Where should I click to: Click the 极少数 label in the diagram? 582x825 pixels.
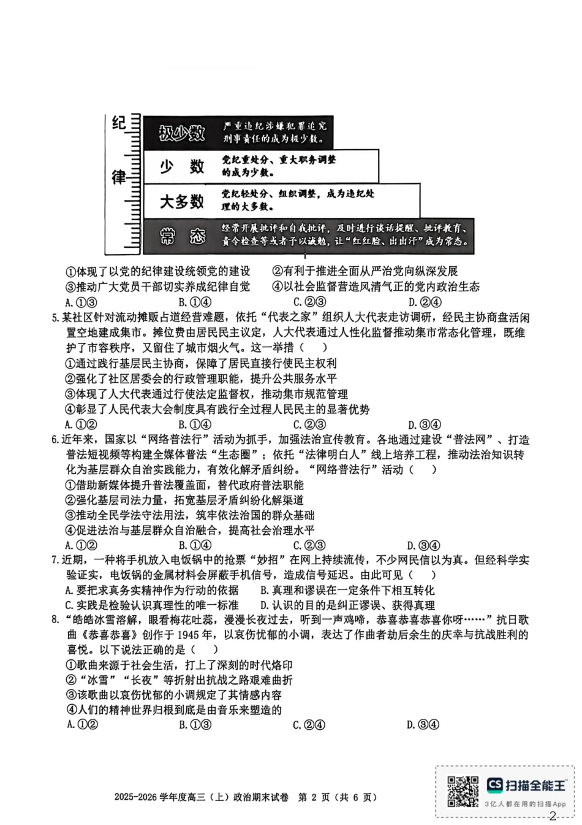[x=181, y=132]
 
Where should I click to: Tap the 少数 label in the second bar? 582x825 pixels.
[x=181, y=166]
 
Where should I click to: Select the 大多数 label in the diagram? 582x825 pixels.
[x=181, y=201]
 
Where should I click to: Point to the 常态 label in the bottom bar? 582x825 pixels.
[x=181, y=236]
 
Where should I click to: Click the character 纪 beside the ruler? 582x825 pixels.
[x=119, y=123]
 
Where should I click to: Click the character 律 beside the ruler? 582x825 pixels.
[x=119, y=177]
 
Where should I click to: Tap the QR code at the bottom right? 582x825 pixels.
[x=463, y=791]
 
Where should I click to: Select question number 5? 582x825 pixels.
[x=56, y=318]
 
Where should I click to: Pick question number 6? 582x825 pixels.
[x=56, y=440]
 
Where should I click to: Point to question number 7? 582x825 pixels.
[x=56, y=560]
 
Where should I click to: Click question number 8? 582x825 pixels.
[x=56, y=620]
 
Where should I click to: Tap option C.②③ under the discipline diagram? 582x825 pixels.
[x=309, y=302]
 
